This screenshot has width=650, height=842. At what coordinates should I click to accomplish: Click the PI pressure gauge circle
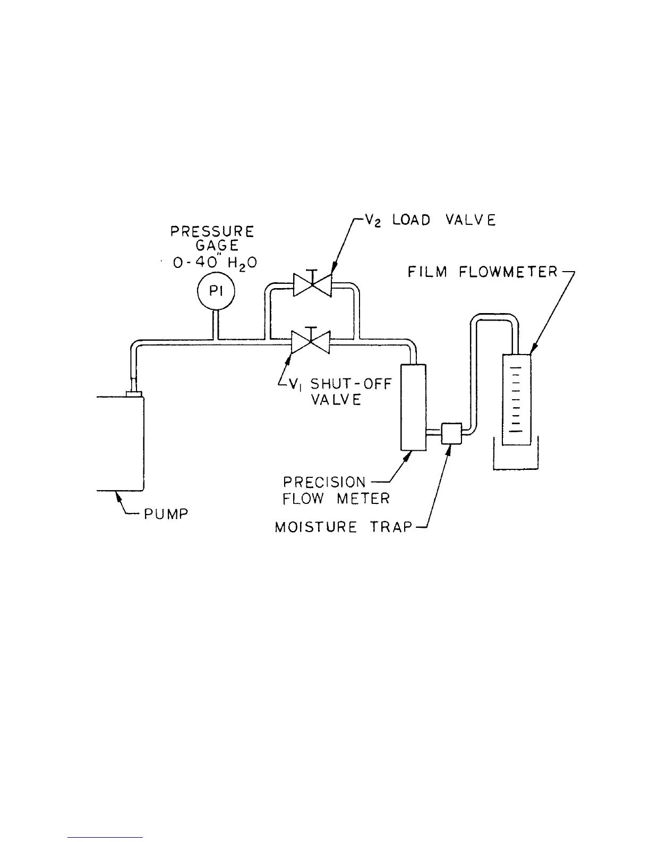(216, 292)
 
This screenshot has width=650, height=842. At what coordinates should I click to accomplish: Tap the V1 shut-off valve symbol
(311, 342)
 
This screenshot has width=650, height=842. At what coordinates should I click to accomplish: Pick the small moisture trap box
(451, 433)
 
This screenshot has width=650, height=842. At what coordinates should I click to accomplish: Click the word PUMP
(166, 514)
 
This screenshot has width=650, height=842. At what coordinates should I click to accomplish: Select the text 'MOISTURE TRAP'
(344, 527)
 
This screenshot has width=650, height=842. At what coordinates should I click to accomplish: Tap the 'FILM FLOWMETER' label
(483, 272)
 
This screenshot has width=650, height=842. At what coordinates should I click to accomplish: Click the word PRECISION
(324, 482)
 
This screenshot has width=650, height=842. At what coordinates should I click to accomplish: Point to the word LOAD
(411, 220)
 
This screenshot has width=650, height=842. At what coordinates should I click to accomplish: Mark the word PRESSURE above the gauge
(212, 232)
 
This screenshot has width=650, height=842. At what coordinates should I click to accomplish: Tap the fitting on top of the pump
(134, 393)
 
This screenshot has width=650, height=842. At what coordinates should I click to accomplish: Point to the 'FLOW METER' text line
(336, 499)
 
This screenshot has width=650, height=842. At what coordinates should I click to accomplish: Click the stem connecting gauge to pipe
(216, 325)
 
